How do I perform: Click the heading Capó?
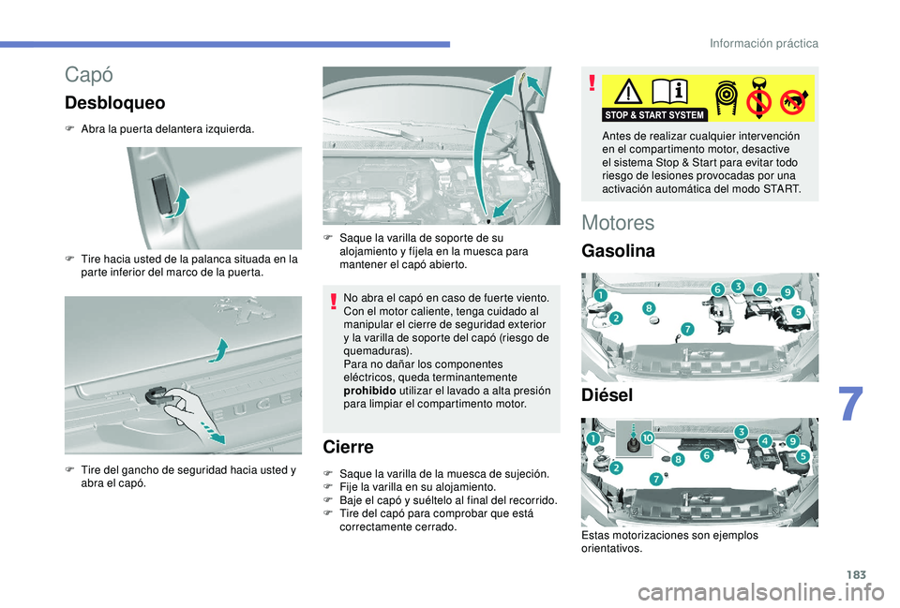pyautogui.click(x=88, y=75)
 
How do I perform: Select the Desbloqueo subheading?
pyautogui.click(x=114, y=103)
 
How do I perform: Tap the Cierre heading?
pyautogui.click(x=348, y=447)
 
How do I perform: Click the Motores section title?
pyautogui.click(x=618, y=223)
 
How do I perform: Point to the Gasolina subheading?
pyautogui.click(x=618, y=251)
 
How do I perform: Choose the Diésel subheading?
pyautogui.click(x=607, y=394)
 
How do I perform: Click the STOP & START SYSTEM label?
pyautogui.click(x=654, y=114)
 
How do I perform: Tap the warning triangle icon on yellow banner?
pyautogui.click(x=628, y=92)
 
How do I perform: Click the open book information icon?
pyautogui.click(x=669, y=91)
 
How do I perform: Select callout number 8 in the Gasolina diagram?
pyautogui.click(x=649, y=308)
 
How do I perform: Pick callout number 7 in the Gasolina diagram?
pyautogui.click(x=687, y=329)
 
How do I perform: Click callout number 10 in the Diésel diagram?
pyautogui.click(x=647, y=438)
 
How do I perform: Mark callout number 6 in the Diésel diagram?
pyautogui.click(x=706, y=455)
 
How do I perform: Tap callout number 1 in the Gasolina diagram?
pyautogui.click(x=600, y=295)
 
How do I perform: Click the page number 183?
pyautogui.click(x=856, y=574)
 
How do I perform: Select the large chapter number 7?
pyautogui.click(x=850, y=404)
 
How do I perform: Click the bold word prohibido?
pyautogui.click(x=369, y=391)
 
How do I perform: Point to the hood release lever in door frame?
pyautogui.click(x=160, y=196)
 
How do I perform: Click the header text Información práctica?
pyautogui.click(x=764, y=44)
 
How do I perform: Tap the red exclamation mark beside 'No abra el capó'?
pyautogui.click(x=333, y=301)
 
